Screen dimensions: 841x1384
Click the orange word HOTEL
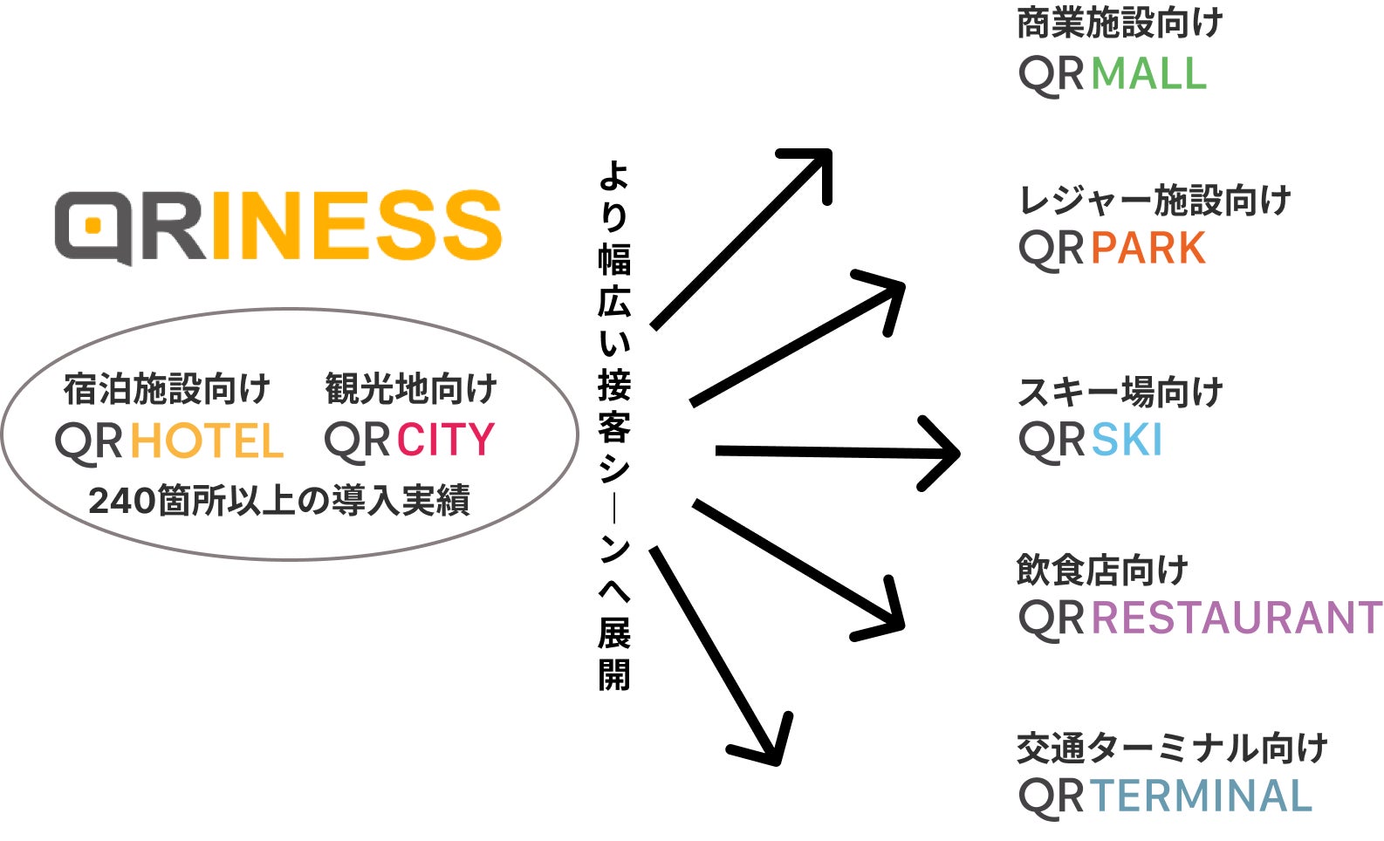pyautogui.click(x=208, y=441)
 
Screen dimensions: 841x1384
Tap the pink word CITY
pyautogui.click(x=446, y=440)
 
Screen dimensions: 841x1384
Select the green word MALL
pyautogui.click(x=1148, y=73)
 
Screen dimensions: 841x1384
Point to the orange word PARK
pyautogui.click(x=1148, y=249)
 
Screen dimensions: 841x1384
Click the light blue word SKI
pyautogui.click(x=1127, y=440)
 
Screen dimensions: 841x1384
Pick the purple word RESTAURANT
pyautogui.click(x=1237, y=618)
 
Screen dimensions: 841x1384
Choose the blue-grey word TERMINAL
pyautogui.click(x=1201, y=796)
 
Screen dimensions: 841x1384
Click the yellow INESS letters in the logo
pyautogui.click(x=356, y=225)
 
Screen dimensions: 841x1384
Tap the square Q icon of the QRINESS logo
pyautogui.click(x=94, y=227)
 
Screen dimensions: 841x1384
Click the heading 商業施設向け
pyautogui.click(x=1120, y=24)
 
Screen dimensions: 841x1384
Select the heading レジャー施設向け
pyautogui.click(x=1154, y=201)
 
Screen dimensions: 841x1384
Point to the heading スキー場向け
pyautogui.click(x=1120, y=393)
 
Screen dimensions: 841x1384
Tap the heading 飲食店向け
pyautogui.click(x=1102, y=571)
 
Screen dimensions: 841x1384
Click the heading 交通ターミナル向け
pyautogui.click(x=1172, y=749)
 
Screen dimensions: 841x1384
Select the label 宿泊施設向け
pyautogui.click(x=167, y=389)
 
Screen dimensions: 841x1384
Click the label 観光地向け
pyautogui.click(x=411, y=389)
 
